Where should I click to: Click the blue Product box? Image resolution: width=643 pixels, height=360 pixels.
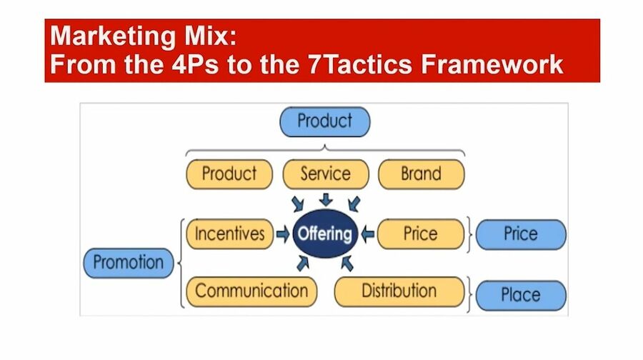point(325,121)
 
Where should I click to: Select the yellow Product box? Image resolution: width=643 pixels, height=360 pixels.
point(229,174)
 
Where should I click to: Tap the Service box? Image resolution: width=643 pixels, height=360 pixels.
point(326,174)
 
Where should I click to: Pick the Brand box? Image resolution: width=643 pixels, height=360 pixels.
point(421,174)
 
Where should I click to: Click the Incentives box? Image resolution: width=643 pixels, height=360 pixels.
point(229,234)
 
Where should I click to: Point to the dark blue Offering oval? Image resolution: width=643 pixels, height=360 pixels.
point(325,234)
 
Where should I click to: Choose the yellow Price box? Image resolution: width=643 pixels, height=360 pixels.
point(421,234)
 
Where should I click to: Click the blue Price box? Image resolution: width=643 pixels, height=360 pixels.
point(521,234)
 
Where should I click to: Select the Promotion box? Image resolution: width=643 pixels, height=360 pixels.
point(129,263)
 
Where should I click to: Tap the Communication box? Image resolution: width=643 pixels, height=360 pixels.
point(251,291)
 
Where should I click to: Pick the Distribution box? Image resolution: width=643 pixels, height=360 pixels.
point(399,291)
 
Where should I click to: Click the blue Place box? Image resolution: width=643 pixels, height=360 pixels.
point(521,295)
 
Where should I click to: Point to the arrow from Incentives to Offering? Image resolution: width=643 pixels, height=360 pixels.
point(283,234)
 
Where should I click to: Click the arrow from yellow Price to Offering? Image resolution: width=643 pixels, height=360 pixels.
point(367,234)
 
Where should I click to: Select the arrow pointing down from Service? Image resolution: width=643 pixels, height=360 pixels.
point(326,199)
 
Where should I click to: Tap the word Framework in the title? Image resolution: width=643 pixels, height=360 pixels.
point(492,64)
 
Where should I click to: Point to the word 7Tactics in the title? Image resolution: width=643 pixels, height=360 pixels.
point(360,64)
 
